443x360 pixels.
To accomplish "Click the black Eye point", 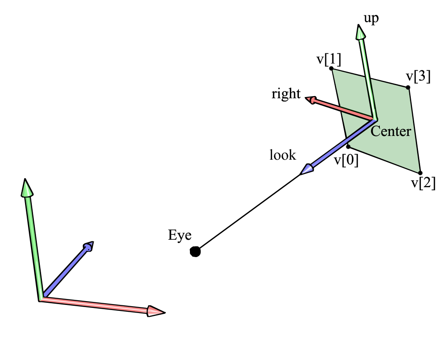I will (195, 252).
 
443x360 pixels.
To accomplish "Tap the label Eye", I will (180, 235).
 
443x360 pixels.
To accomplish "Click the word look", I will (283, 155).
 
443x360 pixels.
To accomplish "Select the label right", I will (286, 94).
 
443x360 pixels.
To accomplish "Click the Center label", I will (391, 131).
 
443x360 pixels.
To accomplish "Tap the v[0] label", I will (346, 161).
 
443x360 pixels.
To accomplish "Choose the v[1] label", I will (329, 58).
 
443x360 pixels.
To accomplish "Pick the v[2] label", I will (423, 184).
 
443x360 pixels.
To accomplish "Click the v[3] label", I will (418, 77).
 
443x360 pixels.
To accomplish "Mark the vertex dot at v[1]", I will (331, 69).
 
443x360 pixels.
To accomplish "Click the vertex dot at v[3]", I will (408, 88).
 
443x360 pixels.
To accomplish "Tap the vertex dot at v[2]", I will (420, 173).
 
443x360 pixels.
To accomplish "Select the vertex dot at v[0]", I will (348, 147).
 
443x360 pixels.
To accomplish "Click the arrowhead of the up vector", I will (361, 33).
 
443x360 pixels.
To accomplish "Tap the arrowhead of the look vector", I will (306, 170).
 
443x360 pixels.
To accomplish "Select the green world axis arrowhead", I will (27, 188).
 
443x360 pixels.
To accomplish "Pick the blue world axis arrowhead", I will (88, 246).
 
